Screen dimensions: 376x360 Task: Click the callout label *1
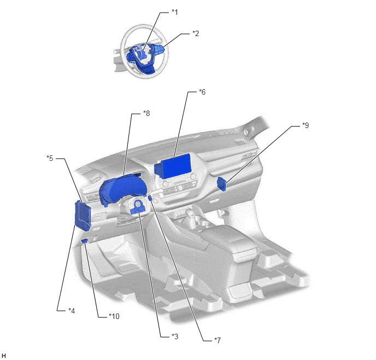tap(175, 12)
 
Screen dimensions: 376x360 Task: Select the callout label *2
tap(196, 33)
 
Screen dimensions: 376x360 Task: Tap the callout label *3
tap(175, 336)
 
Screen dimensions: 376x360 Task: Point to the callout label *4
tap(72, 311)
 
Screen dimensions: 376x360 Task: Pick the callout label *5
tap(50, 158)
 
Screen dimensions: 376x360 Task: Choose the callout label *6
tap(202, 92)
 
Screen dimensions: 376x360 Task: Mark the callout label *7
tap(218, 340)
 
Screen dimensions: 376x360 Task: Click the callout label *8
tap(146, 113)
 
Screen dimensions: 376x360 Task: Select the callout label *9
tap(305, 125)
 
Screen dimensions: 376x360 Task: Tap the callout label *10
tap(114, 316)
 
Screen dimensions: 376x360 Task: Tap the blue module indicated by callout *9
tap(222, 184)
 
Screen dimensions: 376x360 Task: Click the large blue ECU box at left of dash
tap(83, 216)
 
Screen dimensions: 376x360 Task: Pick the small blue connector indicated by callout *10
tap(84, 241)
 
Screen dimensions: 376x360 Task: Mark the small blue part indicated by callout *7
tap(150, 198)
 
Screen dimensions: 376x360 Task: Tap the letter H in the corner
tap(3, 356)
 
